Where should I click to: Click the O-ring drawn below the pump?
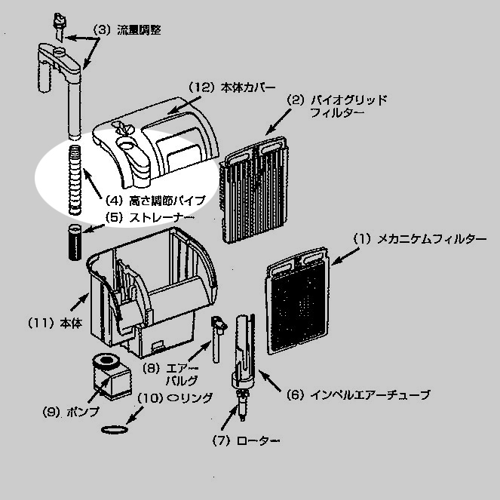pos(112,429)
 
